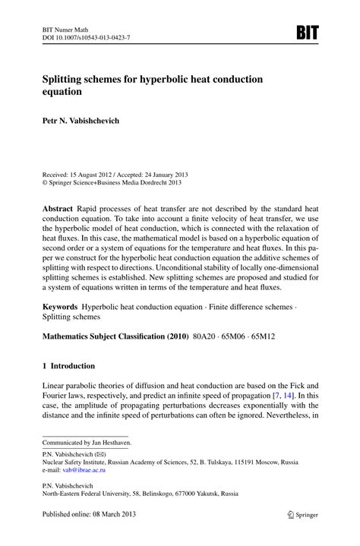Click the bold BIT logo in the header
(307, 32)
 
